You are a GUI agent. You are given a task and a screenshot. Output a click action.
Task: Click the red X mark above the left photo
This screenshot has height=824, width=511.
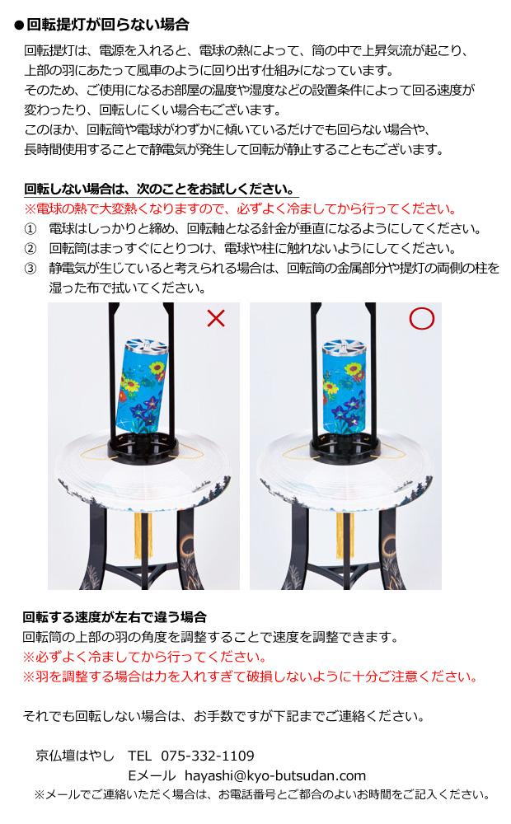coord(216,319)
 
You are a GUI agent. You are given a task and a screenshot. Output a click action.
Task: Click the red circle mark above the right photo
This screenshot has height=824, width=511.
coord(421,318)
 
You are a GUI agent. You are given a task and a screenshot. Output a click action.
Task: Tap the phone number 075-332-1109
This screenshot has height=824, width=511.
coord(207,756)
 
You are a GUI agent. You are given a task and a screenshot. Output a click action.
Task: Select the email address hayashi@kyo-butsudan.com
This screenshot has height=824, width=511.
coord(274,775)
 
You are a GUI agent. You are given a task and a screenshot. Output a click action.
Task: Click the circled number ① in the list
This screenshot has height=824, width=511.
coord(31,228)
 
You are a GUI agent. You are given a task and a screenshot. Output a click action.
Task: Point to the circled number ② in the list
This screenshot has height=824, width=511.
coord(31,248)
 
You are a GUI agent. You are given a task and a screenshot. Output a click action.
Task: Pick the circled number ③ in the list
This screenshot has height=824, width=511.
coord(31,268)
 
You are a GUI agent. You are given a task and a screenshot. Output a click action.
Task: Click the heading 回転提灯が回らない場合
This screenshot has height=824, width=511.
coord(108,24)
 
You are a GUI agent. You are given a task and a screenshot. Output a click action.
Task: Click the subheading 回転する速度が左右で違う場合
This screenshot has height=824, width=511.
coord(115,617)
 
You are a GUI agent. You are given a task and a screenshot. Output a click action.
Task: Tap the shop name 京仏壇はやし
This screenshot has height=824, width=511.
coord(75,756)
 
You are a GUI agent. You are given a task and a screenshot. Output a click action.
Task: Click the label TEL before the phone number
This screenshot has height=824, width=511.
coord(140,756)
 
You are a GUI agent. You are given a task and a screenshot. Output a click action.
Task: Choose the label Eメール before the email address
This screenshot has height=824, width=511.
coord(152,775)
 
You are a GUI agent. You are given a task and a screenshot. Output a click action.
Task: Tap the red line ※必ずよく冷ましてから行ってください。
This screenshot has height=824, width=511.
coord(145,657)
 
